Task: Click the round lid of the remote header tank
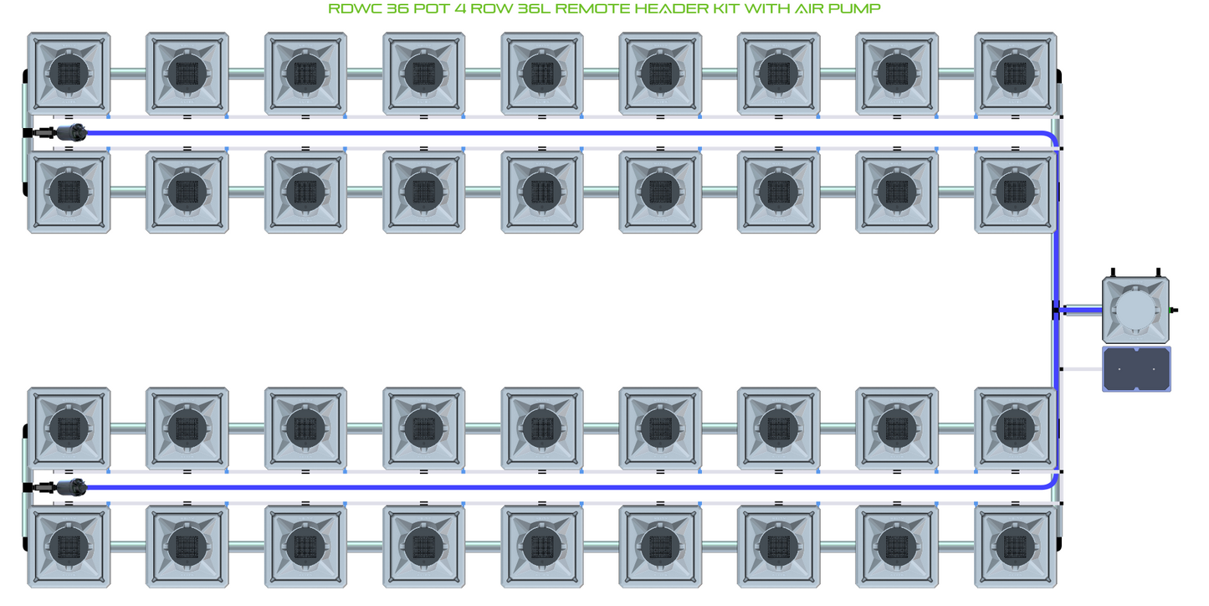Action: (x=1136, y=311)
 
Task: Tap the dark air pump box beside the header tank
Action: (x=1136, y=369)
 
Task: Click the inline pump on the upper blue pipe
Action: (x=74, y=131)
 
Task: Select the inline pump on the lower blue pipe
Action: (x=74, y=486)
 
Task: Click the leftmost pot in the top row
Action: (x=69, y=73)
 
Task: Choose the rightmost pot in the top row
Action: (x=1015, y=73)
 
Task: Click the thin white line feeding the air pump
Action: (x=1081, y=369)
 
